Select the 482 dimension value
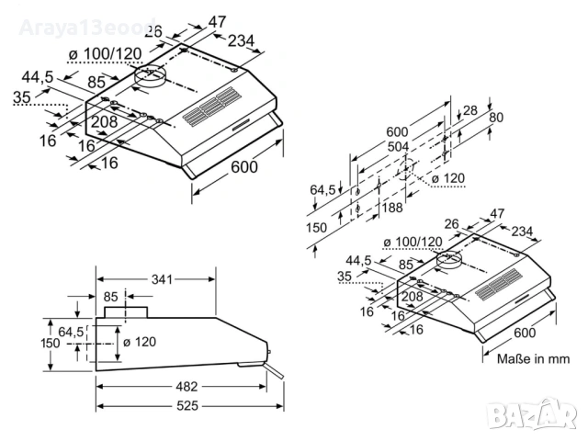(187, 386)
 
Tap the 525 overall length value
(187, 405)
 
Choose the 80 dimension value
(496, 118)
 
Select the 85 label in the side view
(111, 297)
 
